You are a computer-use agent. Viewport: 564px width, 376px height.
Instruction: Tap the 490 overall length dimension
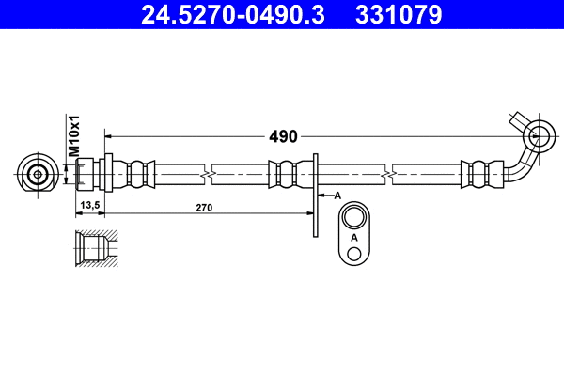pyautogui.click(x=283, y=136)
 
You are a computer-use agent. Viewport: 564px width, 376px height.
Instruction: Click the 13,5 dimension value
pyautogui.click(x=90, y=205)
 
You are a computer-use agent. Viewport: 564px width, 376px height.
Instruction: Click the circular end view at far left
pyautogui.click(x=37, y=174)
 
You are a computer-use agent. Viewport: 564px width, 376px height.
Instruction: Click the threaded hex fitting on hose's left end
pyautogui.click(x=88, y=174)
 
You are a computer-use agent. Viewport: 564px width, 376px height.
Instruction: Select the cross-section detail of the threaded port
pyautogui.click(x=93, y=248)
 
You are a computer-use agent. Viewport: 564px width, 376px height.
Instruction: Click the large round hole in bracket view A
pyautogui.click(x=353, y=219)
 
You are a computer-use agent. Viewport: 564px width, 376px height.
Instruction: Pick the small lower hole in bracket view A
pyautogui.click(x=353, y=255)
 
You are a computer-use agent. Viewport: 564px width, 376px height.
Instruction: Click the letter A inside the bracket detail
pyautogui.click(x=353, y=238)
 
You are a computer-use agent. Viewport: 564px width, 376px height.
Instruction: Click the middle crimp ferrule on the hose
pyautogui.click(x=287, y=174)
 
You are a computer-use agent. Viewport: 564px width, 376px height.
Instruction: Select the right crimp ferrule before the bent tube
pyautogui.click(x=476, y=174)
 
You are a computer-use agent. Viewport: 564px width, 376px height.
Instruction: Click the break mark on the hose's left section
pyautogui.click(x=208, y=174)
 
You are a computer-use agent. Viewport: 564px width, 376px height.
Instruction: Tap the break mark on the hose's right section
pyautogui.click(x=388, y=174)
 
